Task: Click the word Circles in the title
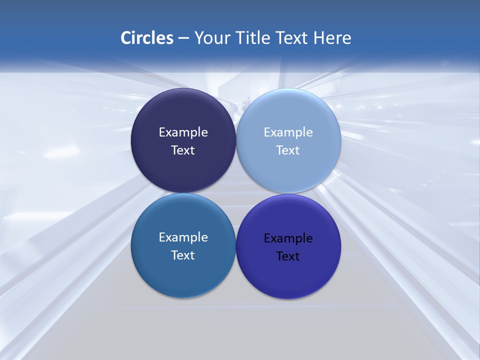pyautogui.click(x=147, y=38)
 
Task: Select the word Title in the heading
pyautogui.click(x=252, y=38)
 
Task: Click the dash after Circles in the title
pyautogui.click(x=183, y=38)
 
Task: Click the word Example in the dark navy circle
pyautogui.click(x=183, y=132)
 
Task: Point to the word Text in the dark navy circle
pyautogui.click(x=183, y=150)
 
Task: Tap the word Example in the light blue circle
pyautogui.click(x=288, y=132)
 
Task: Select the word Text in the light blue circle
pyautogui.click(x=288, y=150)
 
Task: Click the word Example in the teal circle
pyautogui.click(x=183, y=237)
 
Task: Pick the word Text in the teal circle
pyautogui.click(x=183, y=255)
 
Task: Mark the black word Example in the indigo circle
pyautogui.click(x=288, y=238)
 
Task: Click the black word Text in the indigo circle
pyautogui.click(x=288, y=256)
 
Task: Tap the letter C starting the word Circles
pyautogui.click(x=126, y=38)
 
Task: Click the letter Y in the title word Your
pyautogui.click(x=198, y=38)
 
